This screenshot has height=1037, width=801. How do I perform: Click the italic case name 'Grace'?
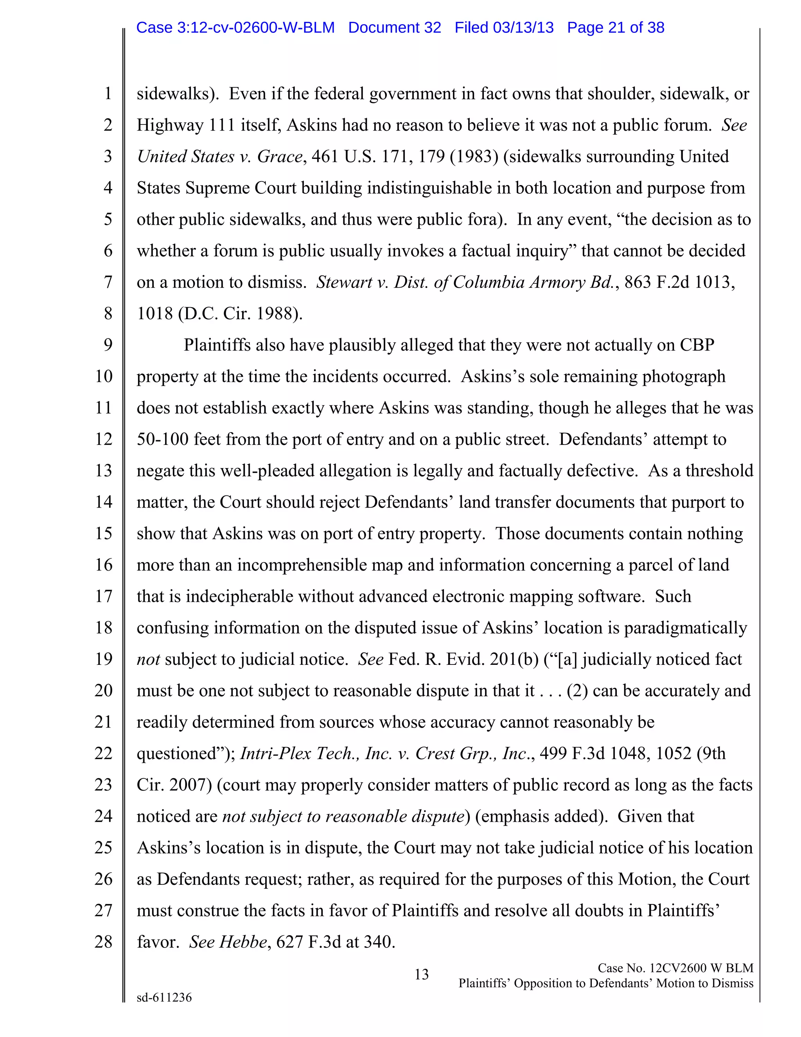[280, 157]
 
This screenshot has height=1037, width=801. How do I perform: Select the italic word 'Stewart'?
[345, 283]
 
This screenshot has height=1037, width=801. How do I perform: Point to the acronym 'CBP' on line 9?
[697, 345]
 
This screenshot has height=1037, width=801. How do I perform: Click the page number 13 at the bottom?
[421, 974]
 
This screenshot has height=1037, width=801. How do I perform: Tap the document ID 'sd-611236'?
[164, 997]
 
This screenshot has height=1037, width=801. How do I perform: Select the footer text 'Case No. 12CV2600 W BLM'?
[675, 968]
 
